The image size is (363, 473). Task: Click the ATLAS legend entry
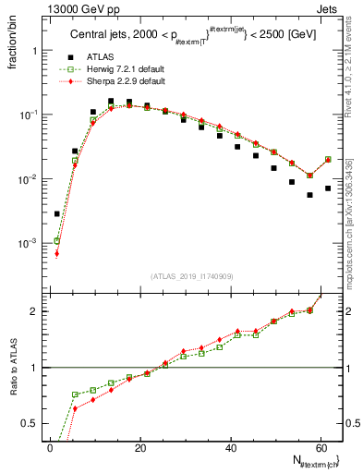point(99,57)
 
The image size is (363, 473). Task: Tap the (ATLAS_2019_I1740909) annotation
point(192,276)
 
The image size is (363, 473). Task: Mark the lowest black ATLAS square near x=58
point(309,195)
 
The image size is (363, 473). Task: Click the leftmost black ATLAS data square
point(57,213)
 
